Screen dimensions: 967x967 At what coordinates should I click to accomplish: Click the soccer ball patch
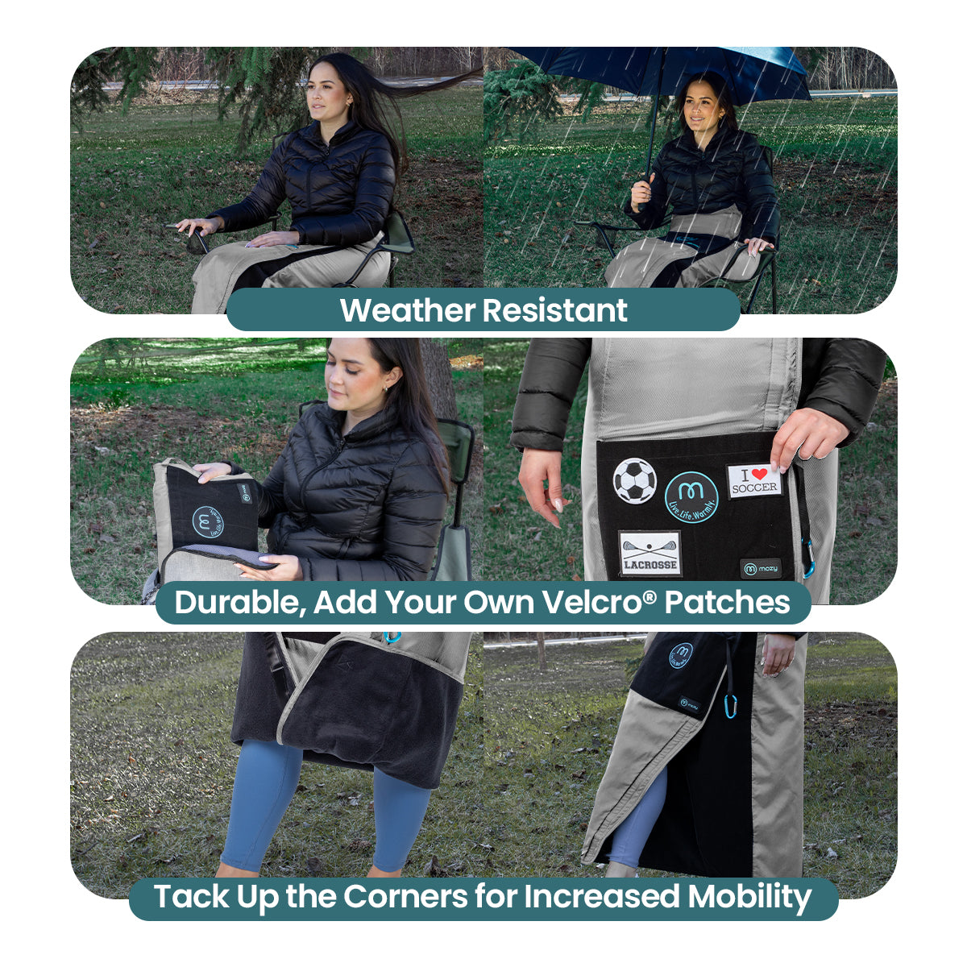click(x=635, y=480)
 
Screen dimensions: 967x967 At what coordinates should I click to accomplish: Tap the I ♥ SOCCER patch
click(x=754, y=480)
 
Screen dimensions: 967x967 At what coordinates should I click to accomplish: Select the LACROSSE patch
click(x=650, y=554)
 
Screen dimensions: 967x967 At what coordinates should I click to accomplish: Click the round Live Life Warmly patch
click(x=691, y=497)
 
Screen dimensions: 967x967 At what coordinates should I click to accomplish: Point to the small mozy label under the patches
click(x=761, y=569)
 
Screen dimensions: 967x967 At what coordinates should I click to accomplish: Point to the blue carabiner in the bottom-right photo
click(x=732, y=706)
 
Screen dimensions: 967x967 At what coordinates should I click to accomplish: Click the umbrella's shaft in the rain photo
click(x=654, y=121)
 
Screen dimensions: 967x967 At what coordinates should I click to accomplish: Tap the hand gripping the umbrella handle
click(x=641, y=191)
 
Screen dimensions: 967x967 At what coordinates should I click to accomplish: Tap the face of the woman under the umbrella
click(x=699, y=102)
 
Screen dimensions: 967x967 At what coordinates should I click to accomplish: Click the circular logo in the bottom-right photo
click(x=681, y=654)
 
